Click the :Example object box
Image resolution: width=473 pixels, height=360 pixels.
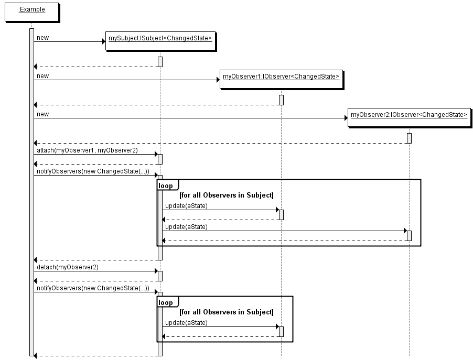tap(31, 12)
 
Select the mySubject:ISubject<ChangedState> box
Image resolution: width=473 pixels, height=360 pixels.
tap(160, 41)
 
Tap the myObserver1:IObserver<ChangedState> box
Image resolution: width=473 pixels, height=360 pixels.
tap(281, 79)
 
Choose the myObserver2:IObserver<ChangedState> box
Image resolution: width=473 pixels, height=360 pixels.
tap(408, 117)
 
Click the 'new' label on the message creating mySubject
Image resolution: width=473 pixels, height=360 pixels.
tap(43, 38)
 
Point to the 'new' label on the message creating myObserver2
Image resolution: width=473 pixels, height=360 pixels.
tap(43, 114)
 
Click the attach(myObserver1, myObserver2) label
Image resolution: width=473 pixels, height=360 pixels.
tap(87, 150)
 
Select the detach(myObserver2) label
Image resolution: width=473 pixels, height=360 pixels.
tap(67, 267)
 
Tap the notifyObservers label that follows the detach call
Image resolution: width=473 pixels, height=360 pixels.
tap(93, 288)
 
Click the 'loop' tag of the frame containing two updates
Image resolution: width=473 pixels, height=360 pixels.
tap(166, 186)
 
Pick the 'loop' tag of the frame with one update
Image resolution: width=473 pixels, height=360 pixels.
tap(166, 303)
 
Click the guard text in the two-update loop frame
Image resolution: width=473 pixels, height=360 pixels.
tap(226, 195)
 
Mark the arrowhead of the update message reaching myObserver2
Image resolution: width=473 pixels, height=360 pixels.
tap(405, 231)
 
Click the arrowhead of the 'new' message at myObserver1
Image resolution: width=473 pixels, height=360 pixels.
tap(218, 80)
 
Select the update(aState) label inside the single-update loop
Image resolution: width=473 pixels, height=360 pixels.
tap(186, 323)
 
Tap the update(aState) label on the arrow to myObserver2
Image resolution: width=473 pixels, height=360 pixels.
tap(186, 227)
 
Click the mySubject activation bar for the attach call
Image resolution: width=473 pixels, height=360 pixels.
tap(160, 159)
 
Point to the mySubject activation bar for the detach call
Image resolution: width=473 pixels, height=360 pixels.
tap(160, 276)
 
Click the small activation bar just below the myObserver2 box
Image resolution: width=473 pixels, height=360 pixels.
tap(409, 138)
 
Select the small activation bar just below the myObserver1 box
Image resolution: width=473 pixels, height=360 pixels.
tap(281, 100)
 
